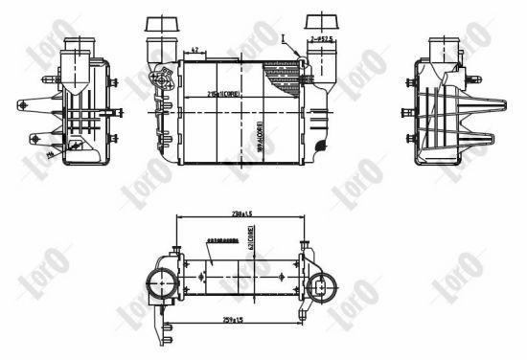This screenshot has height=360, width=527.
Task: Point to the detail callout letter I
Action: pyautogui.click(x=285, y=34)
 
